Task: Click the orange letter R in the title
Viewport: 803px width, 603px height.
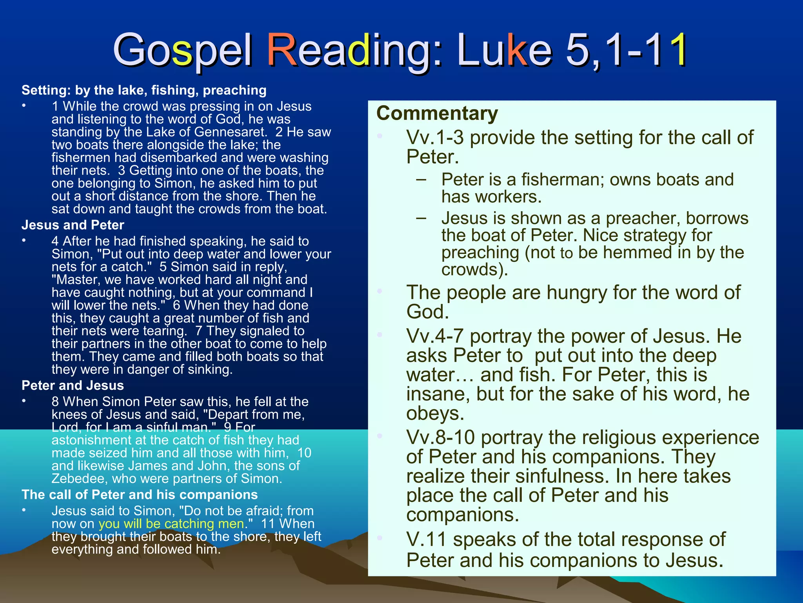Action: coord(282,50)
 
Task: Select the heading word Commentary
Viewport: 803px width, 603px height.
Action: coord(437,113)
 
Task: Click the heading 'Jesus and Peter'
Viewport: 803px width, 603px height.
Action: coord(73,225)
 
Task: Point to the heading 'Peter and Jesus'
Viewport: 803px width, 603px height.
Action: coord(73,386)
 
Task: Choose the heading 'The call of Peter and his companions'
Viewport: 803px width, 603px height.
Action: coord(140,495)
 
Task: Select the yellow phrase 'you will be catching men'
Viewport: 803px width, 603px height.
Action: coord(171,524)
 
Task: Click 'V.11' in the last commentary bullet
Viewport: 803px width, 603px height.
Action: coord(427,540)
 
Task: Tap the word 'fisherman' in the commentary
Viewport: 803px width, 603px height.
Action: coord(562,180)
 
